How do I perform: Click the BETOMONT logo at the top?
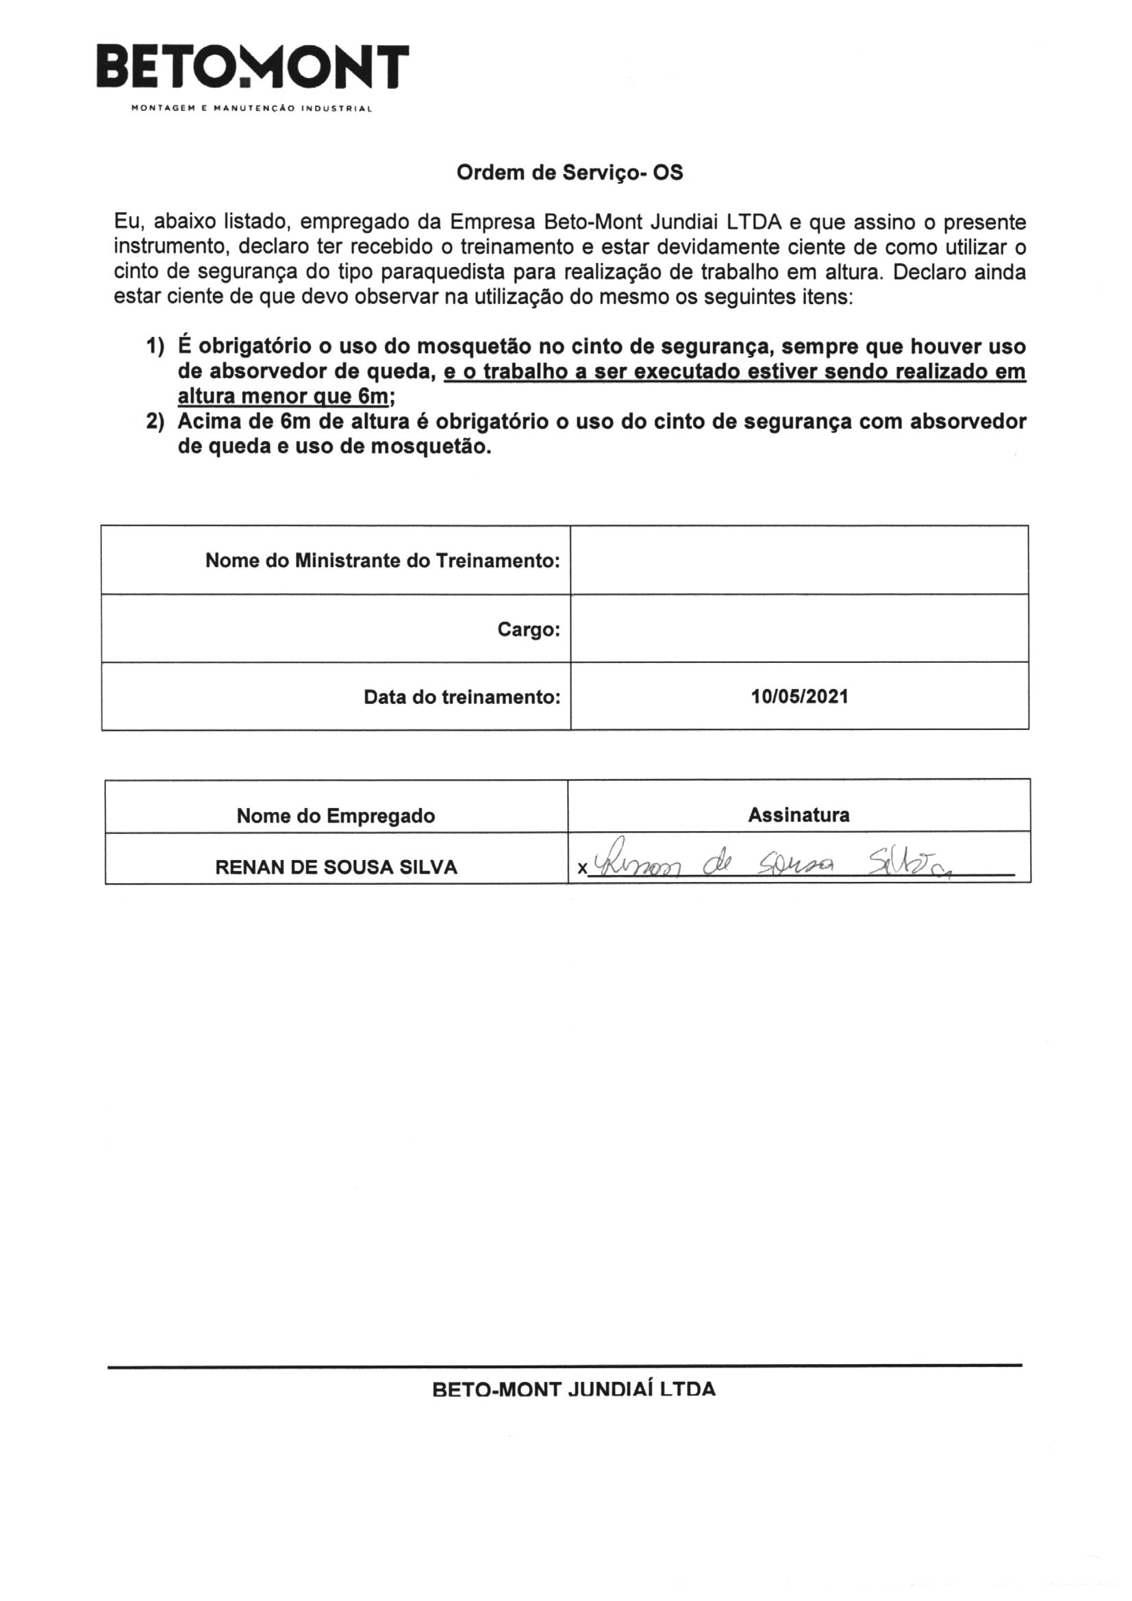[x=252, y=68]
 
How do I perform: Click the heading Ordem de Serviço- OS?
[x=569, y=173]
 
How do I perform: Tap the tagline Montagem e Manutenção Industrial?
[x=252, y=109]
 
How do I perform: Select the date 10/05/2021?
[x=799, y=696]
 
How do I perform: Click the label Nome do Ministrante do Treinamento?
[x=382, y=561]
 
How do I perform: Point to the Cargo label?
[x=529, y=630]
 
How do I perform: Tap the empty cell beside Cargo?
[x=799, y=628]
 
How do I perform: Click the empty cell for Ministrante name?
[x=799, y=560]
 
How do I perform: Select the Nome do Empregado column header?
[x=336, y=815]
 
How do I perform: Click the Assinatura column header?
[x=798, y=814]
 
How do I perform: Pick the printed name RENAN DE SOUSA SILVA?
[x=336, y=867]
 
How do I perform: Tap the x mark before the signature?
[x=581, y=869]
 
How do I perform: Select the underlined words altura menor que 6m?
[x=281, y=396]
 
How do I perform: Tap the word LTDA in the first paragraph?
[x=753, y=223]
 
